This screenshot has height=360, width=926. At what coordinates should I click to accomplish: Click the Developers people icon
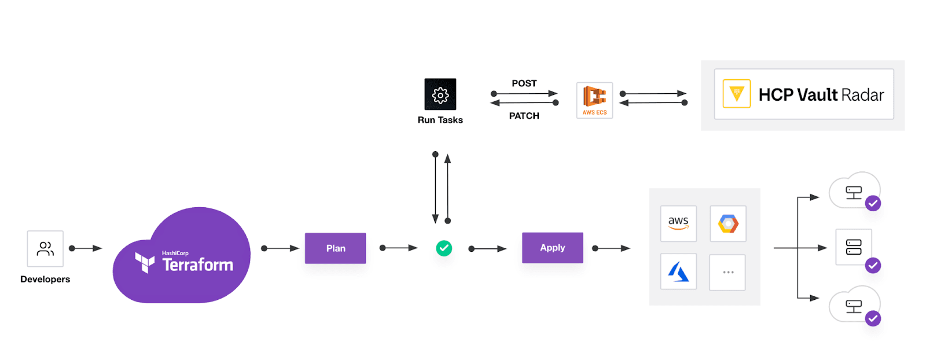tap(45, 248)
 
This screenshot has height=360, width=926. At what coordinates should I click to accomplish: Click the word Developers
tap(45, 279)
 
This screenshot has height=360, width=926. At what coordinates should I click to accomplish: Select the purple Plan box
tap(335, 248)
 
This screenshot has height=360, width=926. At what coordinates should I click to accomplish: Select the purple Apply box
tap(552, 248)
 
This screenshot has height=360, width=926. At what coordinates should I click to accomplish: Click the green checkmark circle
tap(444, 248)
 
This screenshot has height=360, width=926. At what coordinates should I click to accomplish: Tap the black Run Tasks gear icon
tap(440, 94)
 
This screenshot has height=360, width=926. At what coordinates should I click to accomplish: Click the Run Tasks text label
tap(440, 120)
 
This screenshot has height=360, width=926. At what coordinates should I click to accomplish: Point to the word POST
tap(524, 83)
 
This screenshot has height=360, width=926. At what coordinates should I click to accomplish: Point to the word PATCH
tap(524, 116)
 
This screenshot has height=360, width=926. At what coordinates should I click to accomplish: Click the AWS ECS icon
tap(594, 100)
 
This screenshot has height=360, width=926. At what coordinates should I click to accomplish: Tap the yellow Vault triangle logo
tap(736, 94)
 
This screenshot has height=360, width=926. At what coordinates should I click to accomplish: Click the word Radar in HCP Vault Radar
tap(862, 95)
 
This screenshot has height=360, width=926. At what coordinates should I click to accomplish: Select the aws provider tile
tap(678, 223)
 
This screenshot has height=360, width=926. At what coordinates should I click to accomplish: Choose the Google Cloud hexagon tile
tap(728, 223)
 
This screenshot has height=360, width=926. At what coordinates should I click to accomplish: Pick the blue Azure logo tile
tap(678, 271)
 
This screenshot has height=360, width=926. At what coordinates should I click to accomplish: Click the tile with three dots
tap(727, 271)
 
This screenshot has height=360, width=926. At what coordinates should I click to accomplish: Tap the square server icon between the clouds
tap(853, 247)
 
